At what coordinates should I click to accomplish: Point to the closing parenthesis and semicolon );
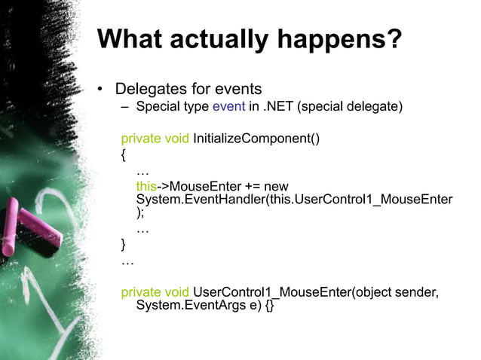(140, 213)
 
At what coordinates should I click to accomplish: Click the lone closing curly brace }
(124, 245)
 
